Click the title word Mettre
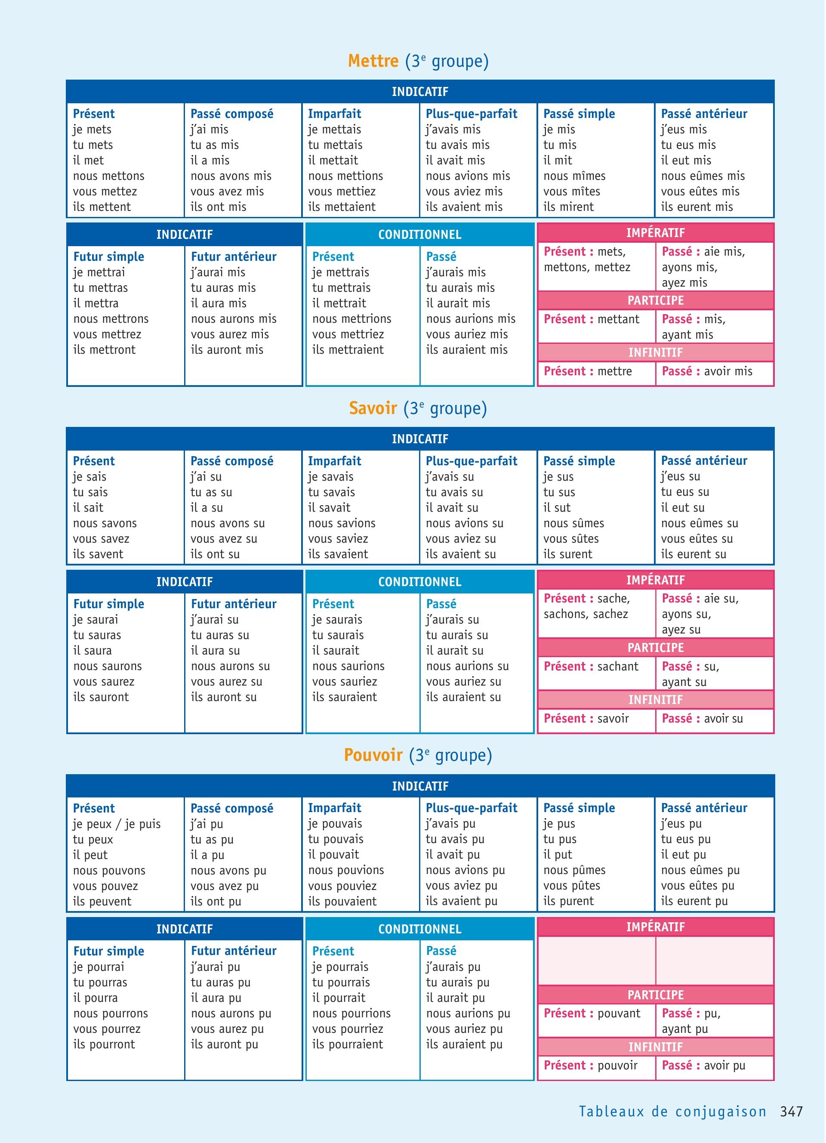[x=373, y=61]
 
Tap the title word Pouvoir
[x=373, y=755]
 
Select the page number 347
[x=791, y=1112]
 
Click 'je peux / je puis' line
[x=117, y=824]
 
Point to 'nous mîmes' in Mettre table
[x=574, y=176]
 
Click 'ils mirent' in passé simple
[x=569, y=207]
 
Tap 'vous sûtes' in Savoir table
[x=571, y=539]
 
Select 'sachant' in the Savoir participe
[x=617, y=666]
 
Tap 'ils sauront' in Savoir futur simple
[x=101, y=697]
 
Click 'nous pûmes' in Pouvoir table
[x=574, y=870]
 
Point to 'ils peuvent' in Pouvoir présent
[x=102, y=902]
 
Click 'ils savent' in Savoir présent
[x=98, y=554]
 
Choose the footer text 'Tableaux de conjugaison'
[x=672, y=1112]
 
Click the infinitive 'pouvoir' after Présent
[x=617, y=1066]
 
